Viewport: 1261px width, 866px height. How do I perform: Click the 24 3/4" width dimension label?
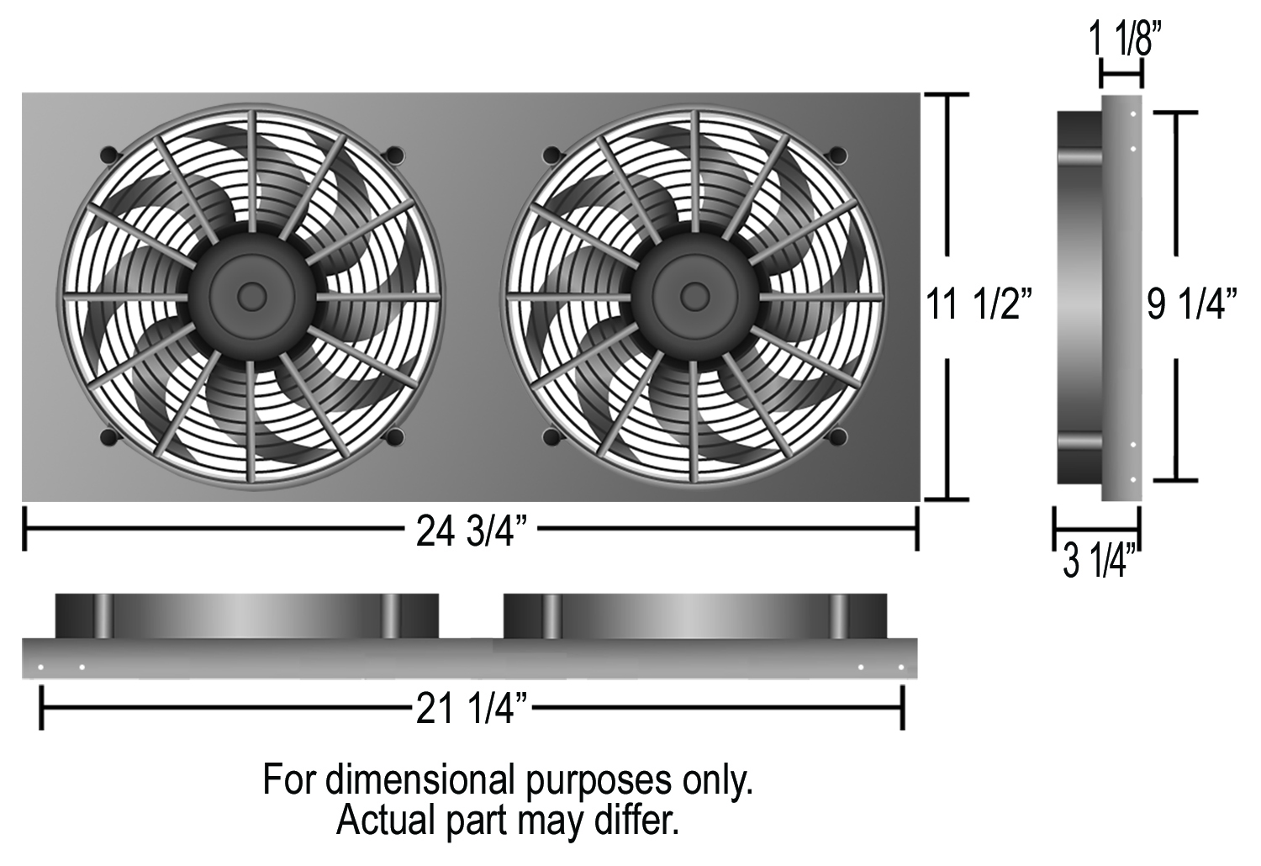pos(472,531)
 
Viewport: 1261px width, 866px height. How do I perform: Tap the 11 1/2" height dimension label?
pos(979,304)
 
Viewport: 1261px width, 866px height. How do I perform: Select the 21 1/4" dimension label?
pos(472,708)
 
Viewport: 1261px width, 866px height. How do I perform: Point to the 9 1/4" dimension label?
pos(1192,304)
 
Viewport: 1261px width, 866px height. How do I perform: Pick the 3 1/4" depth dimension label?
pos(1100,562)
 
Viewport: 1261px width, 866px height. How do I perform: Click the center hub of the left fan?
pos(251,297)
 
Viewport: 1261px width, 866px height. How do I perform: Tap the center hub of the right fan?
pos(694,297)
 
